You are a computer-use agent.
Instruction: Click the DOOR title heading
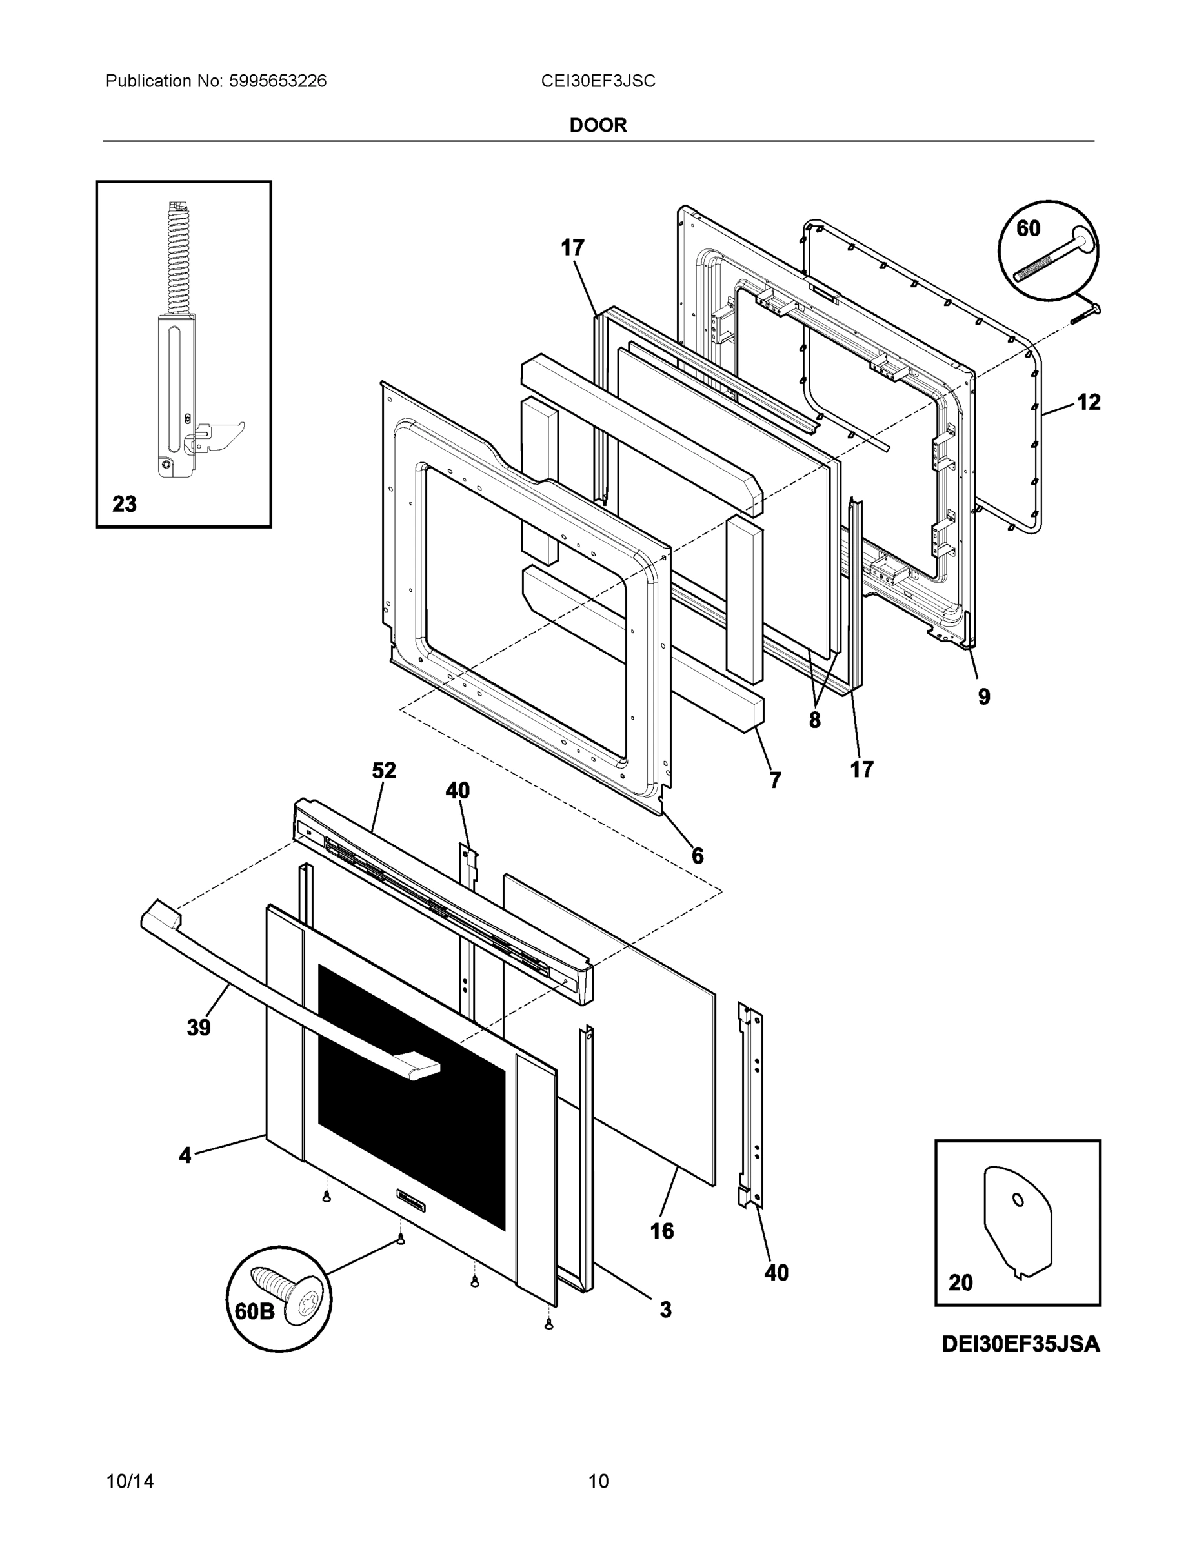[598, 126]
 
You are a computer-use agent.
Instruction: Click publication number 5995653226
[277, 81]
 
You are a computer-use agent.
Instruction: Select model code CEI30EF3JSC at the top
[598, 81]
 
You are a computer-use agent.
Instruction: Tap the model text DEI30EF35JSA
[1020, 1343]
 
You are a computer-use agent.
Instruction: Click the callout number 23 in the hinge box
[124, 504]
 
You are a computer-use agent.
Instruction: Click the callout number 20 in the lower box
[960, 1282]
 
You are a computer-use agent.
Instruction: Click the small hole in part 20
[1018, 1199]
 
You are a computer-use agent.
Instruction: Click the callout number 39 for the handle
[199, 1027]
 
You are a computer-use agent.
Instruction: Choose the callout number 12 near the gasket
[1089, 402]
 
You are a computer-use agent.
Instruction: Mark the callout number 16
[661, 1231]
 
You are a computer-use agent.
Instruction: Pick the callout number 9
[983, 696]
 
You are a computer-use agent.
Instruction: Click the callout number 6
[697, 856]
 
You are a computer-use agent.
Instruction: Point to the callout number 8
[814, 720]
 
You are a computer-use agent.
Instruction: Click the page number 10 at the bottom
[598, 1481]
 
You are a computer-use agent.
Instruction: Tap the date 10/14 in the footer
[130, 1481]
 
